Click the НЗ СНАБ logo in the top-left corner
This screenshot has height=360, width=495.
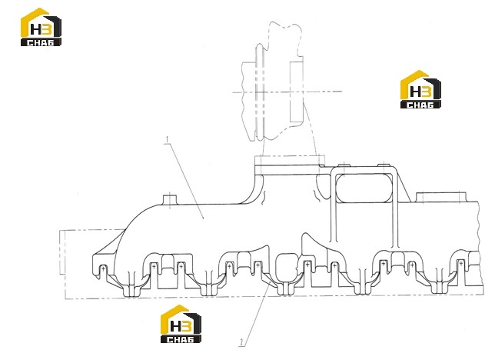coord(41,27)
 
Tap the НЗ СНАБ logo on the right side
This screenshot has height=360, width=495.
coord(420,89)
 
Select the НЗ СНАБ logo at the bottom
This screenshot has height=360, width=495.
coord(181,324)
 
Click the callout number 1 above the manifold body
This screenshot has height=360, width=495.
coord(168,139)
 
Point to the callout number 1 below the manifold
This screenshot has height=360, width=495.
coord(242,342)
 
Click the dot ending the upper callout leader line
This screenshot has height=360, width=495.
coord(203,218)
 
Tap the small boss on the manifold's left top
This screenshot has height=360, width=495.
coord(170,201)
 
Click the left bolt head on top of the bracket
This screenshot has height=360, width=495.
coord(344,165)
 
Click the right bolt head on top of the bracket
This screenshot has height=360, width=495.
coord(384,165)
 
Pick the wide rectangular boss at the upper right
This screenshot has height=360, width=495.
coord(441,197)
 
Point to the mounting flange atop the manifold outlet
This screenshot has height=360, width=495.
coord(290,162)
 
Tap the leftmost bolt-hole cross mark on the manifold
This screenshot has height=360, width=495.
coord(103,268)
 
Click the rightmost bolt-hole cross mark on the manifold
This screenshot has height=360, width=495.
coord(461,262)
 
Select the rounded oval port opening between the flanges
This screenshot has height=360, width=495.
coord(287,265)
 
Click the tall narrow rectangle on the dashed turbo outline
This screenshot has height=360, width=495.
coord(297,92)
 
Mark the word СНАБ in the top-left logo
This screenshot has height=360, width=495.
coord(41,42)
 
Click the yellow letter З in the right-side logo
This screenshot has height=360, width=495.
coord(426,92)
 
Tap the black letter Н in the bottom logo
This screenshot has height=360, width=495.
coord(175,326)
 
